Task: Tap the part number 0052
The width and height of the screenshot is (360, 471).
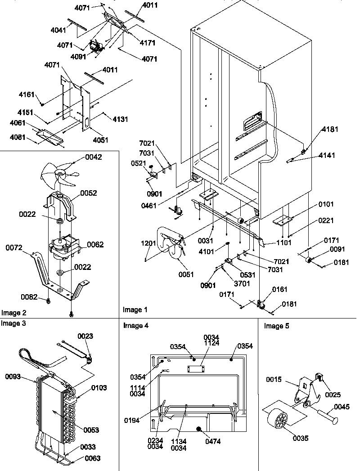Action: [x=88, y=193]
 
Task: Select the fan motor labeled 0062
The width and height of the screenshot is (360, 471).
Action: [x=62, y=249]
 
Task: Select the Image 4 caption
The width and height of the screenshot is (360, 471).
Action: [x=135, y=325]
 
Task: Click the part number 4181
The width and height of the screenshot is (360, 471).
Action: [x=329, y=130]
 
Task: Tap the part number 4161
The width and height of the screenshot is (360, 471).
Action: [x=27, y=95]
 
